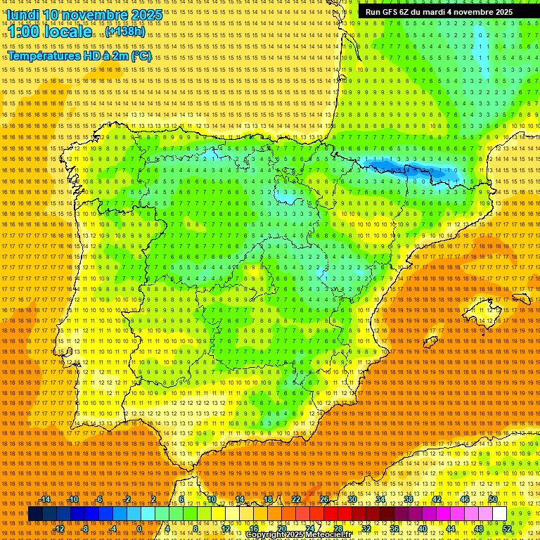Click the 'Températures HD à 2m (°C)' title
point(79,56)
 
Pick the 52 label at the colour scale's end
point(507,529)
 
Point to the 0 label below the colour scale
point(139,529)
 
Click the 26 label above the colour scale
point(324,499)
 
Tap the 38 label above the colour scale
point(409,499)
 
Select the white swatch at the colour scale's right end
point(500,514)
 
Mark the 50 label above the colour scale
point(493,499)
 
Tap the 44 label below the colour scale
point(451,529)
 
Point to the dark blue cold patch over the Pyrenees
point(408,169)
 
